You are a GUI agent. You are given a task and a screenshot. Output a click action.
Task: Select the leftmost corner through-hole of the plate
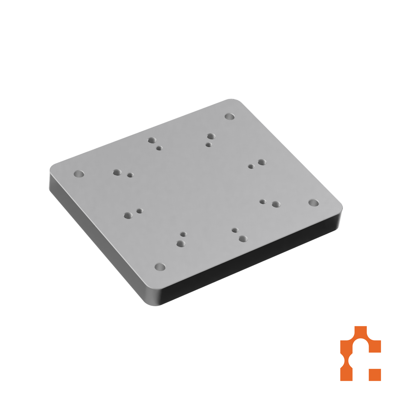tap(79, 174)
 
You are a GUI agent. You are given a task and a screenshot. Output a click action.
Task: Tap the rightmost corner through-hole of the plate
tap(314, 203)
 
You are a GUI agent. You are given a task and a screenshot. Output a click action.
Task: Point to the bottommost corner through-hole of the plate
tap(160, 267)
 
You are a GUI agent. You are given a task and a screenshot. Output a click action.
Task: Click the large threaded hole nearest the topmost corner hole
tap(211, 136)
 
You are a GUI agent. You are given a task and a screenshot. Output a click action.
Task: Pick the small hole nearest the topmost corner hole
tap(209, 145)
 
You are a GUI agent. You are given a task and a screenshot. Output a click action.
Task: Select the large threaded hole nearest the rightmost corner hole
tap(276, 205)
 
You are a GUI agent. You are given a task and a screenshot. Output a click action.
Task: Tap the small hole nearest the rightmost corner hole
tap(263, 201)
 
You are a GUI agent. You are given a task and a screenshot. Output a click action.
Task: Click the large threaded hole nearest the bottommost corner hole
tap(181, 244)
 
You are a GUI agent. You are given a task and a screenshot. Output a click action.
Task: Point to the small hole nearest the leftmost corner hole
tap(130, 175)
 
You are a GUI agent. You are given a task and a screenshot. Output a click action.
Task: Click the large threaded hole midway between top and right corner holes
tap(261, 162)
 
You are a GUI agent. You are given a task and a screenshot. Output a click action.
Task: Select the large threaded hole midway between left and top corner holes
tap(152, 140)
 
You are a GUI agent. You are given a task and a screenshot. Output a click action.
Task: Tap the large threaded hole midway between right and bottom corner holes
tap(243, 238)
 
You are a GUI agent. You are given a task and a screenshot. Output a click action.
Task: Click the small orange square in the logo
tap(375, 375)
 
